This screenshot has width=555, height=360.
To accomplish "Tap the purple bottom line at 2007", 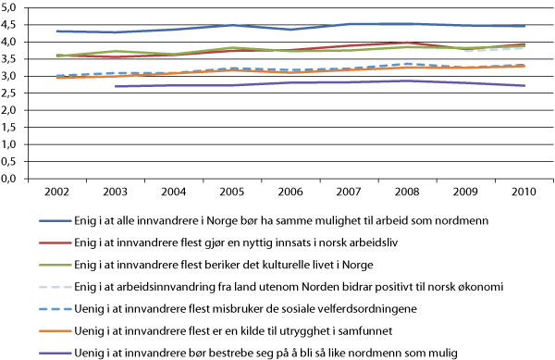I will point(348,82).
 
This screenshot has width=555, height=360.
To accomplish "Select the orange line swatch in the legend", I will point(56,329).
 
